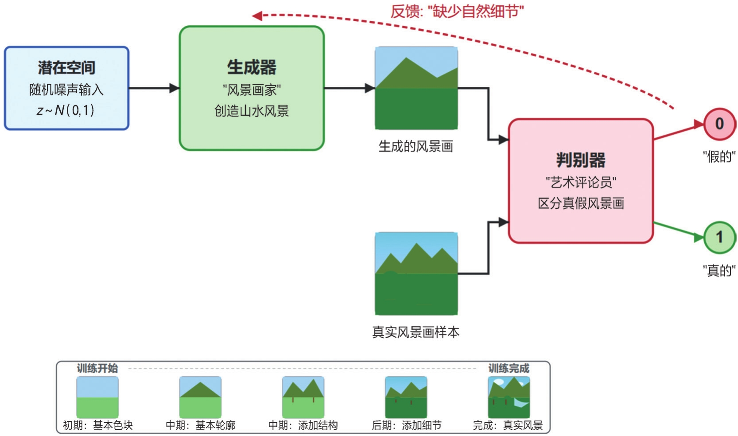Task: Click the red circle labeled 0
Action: pos(719,124)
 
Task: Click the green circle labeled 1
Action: pos(719,237)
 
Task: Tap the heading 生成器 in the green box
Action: pos(252,67)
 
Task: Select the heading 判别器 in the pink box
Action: pos(581,160)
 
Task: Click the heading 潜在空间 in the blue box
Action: pos(66,68)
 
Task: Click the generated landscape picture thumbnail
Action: pos(416,88)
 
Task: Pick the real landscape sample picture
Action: pos(416,273)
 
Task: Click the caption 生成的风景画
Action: pos(416,146)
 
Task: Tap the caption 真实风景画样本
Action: pos(416,332)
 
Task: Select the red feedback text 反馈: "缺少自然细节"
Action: pos(457,12)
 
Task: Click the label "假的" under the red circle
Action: pos(719,156)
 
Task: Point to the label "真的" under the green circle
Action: pos(719,270)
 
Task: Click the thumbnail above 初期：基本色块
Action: pos(97,397)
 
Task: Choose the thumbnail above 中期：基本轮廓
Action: pos(200,397)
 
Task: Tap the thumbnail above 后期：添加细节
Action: pos(406,397)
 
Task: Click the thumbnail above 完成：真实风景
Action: pos(509,397)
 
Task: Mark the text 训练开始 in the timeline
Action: pos(97,368)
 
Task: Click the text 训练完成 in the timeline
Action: pos(509,368)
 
